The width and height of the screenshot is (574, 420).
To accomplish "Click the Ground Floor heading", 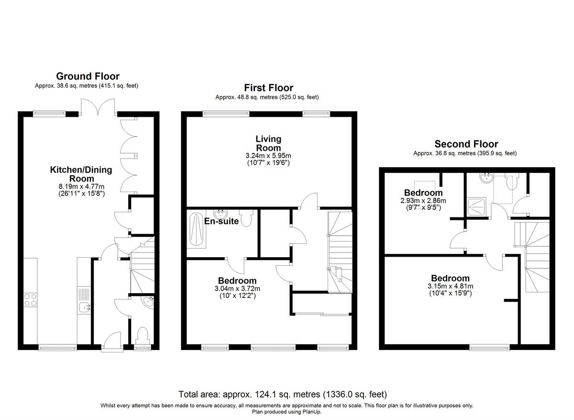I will tap(88, 76).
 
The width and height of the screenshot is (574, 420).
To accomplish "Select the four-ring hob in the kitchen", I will tap(31, 300).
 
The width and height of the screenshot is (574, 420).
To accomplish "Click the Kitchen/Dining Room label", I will tap(81, 174).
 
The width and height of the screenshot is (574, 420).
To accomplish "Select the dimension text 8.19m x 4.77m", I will tap(81, 186).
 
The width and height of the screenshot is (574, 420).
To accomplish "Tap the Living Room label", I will tap(268, 143).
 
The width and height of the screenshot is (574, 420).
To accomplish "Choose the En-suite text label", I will tap(221, 221).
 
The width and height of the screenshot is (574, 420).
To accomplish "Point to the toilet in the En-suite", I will tap(247, 219).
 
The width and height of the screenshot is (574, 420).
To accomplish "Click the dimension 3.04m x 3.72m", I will tap(237, 289).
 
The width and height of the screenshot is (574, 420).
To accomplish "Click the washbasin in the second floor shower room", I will tap(486, 178).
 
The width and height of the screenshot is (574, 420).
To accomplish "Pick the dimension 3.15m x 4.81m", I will tap(450, 286).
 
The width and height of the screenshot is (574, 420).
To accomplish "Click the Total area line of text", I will tap(283, 395).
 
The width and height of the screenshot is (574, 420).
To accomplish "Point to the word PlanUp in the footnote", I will tap(312, 411).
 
